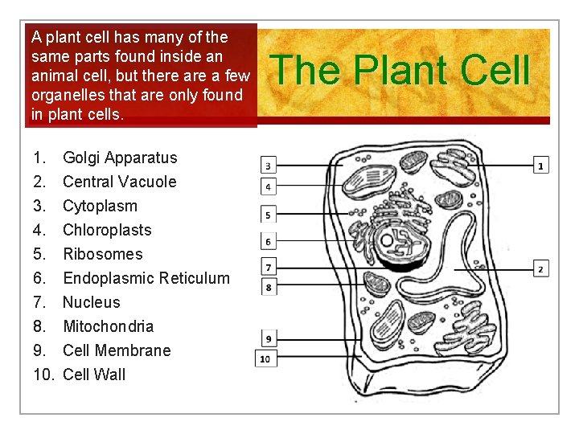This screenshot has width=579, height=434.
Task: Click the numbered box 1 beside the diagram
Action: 542,165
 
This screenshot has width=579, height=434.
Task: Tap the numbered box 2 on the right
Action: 542,268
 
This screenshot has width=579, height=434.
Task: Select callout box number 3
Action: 268,165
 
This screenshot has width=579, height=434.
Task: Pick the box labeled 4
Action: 268,187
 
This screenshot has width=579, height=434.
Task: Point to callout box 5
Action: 268,215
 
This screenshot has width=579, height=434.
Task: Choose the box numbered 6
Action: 268,241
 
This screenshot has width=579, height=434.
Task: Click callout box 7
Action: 268,267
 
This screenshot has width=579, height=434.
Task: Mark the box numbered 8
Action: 268,286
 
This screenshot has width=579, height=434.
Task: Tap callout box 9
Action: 268,339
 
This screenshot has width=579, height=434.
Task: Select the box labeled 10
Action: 265,358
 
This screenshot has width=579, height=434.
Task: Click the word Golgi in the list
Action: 80,158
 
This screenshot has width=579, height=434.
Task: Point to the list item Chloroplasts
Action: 107,230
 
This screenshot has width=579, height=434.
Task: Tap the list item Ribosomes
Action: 102,254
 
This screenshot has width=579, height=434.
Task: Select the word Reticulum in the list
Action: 194,278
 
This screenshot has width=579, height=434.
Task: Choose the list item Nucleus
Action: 91,302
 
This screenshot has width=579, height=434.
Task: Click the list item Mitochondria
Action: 108,326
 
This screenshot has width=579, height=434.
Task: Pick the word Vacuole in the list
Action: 148,182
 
